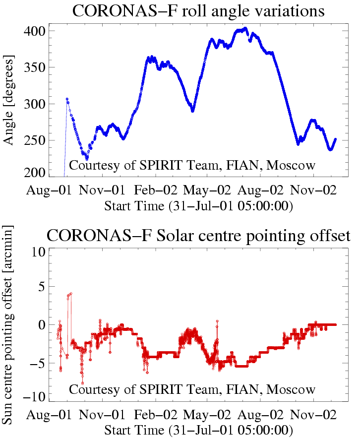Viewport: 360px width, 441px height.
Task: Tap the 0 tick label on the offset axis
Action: (x=43, y=325)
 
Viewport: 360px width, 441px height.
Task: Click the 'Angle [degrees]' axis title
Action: (x=9, y=101)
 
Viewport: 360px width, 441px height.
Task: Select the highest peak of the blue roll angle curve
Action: (x=245, y=29)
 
